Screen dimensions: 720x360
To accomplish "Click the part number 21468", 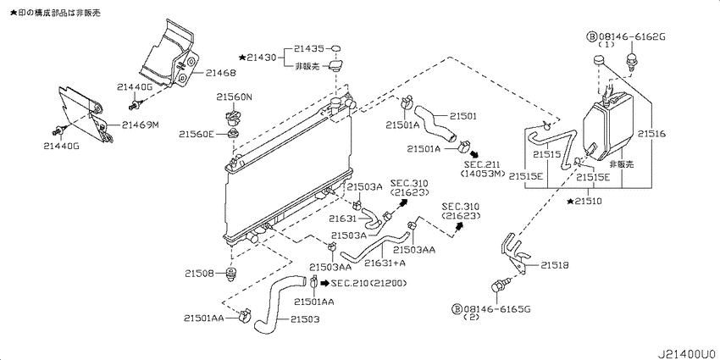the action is [220, 73].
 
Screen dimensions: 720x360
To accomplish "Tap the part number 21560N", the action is [235, 97].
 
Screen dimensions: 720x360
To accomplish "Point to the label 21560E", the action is [197, 134].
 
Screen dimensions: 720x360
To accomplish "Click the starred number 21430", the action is [258, 58].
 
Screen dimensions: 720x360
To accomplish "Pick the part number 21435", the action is [309, 48].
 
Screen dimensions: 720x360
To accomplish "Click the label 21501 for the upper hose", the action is [462, 117].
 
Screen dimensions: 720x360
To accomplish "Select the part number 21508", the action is [200, 274].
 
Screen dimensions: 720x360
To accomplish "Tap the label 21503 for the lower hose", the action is [304, 319].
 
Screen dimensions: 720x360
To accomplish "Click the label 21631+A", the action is [385, 263].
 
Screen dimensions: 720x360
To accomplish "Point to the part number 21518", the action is [554, 265].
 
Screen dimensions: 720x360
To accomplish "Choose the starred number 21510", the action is [584, 201].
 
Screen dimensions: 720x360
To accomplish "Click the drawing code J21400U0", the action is [688, 354].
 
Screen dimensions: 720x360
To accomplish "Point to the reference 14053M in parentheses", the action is [482, 173].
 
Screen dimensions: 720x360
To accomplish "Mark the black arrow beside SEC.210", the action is [324, 283].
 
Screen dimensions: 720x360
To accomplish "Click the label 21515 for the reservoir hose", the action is [547, 155].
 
